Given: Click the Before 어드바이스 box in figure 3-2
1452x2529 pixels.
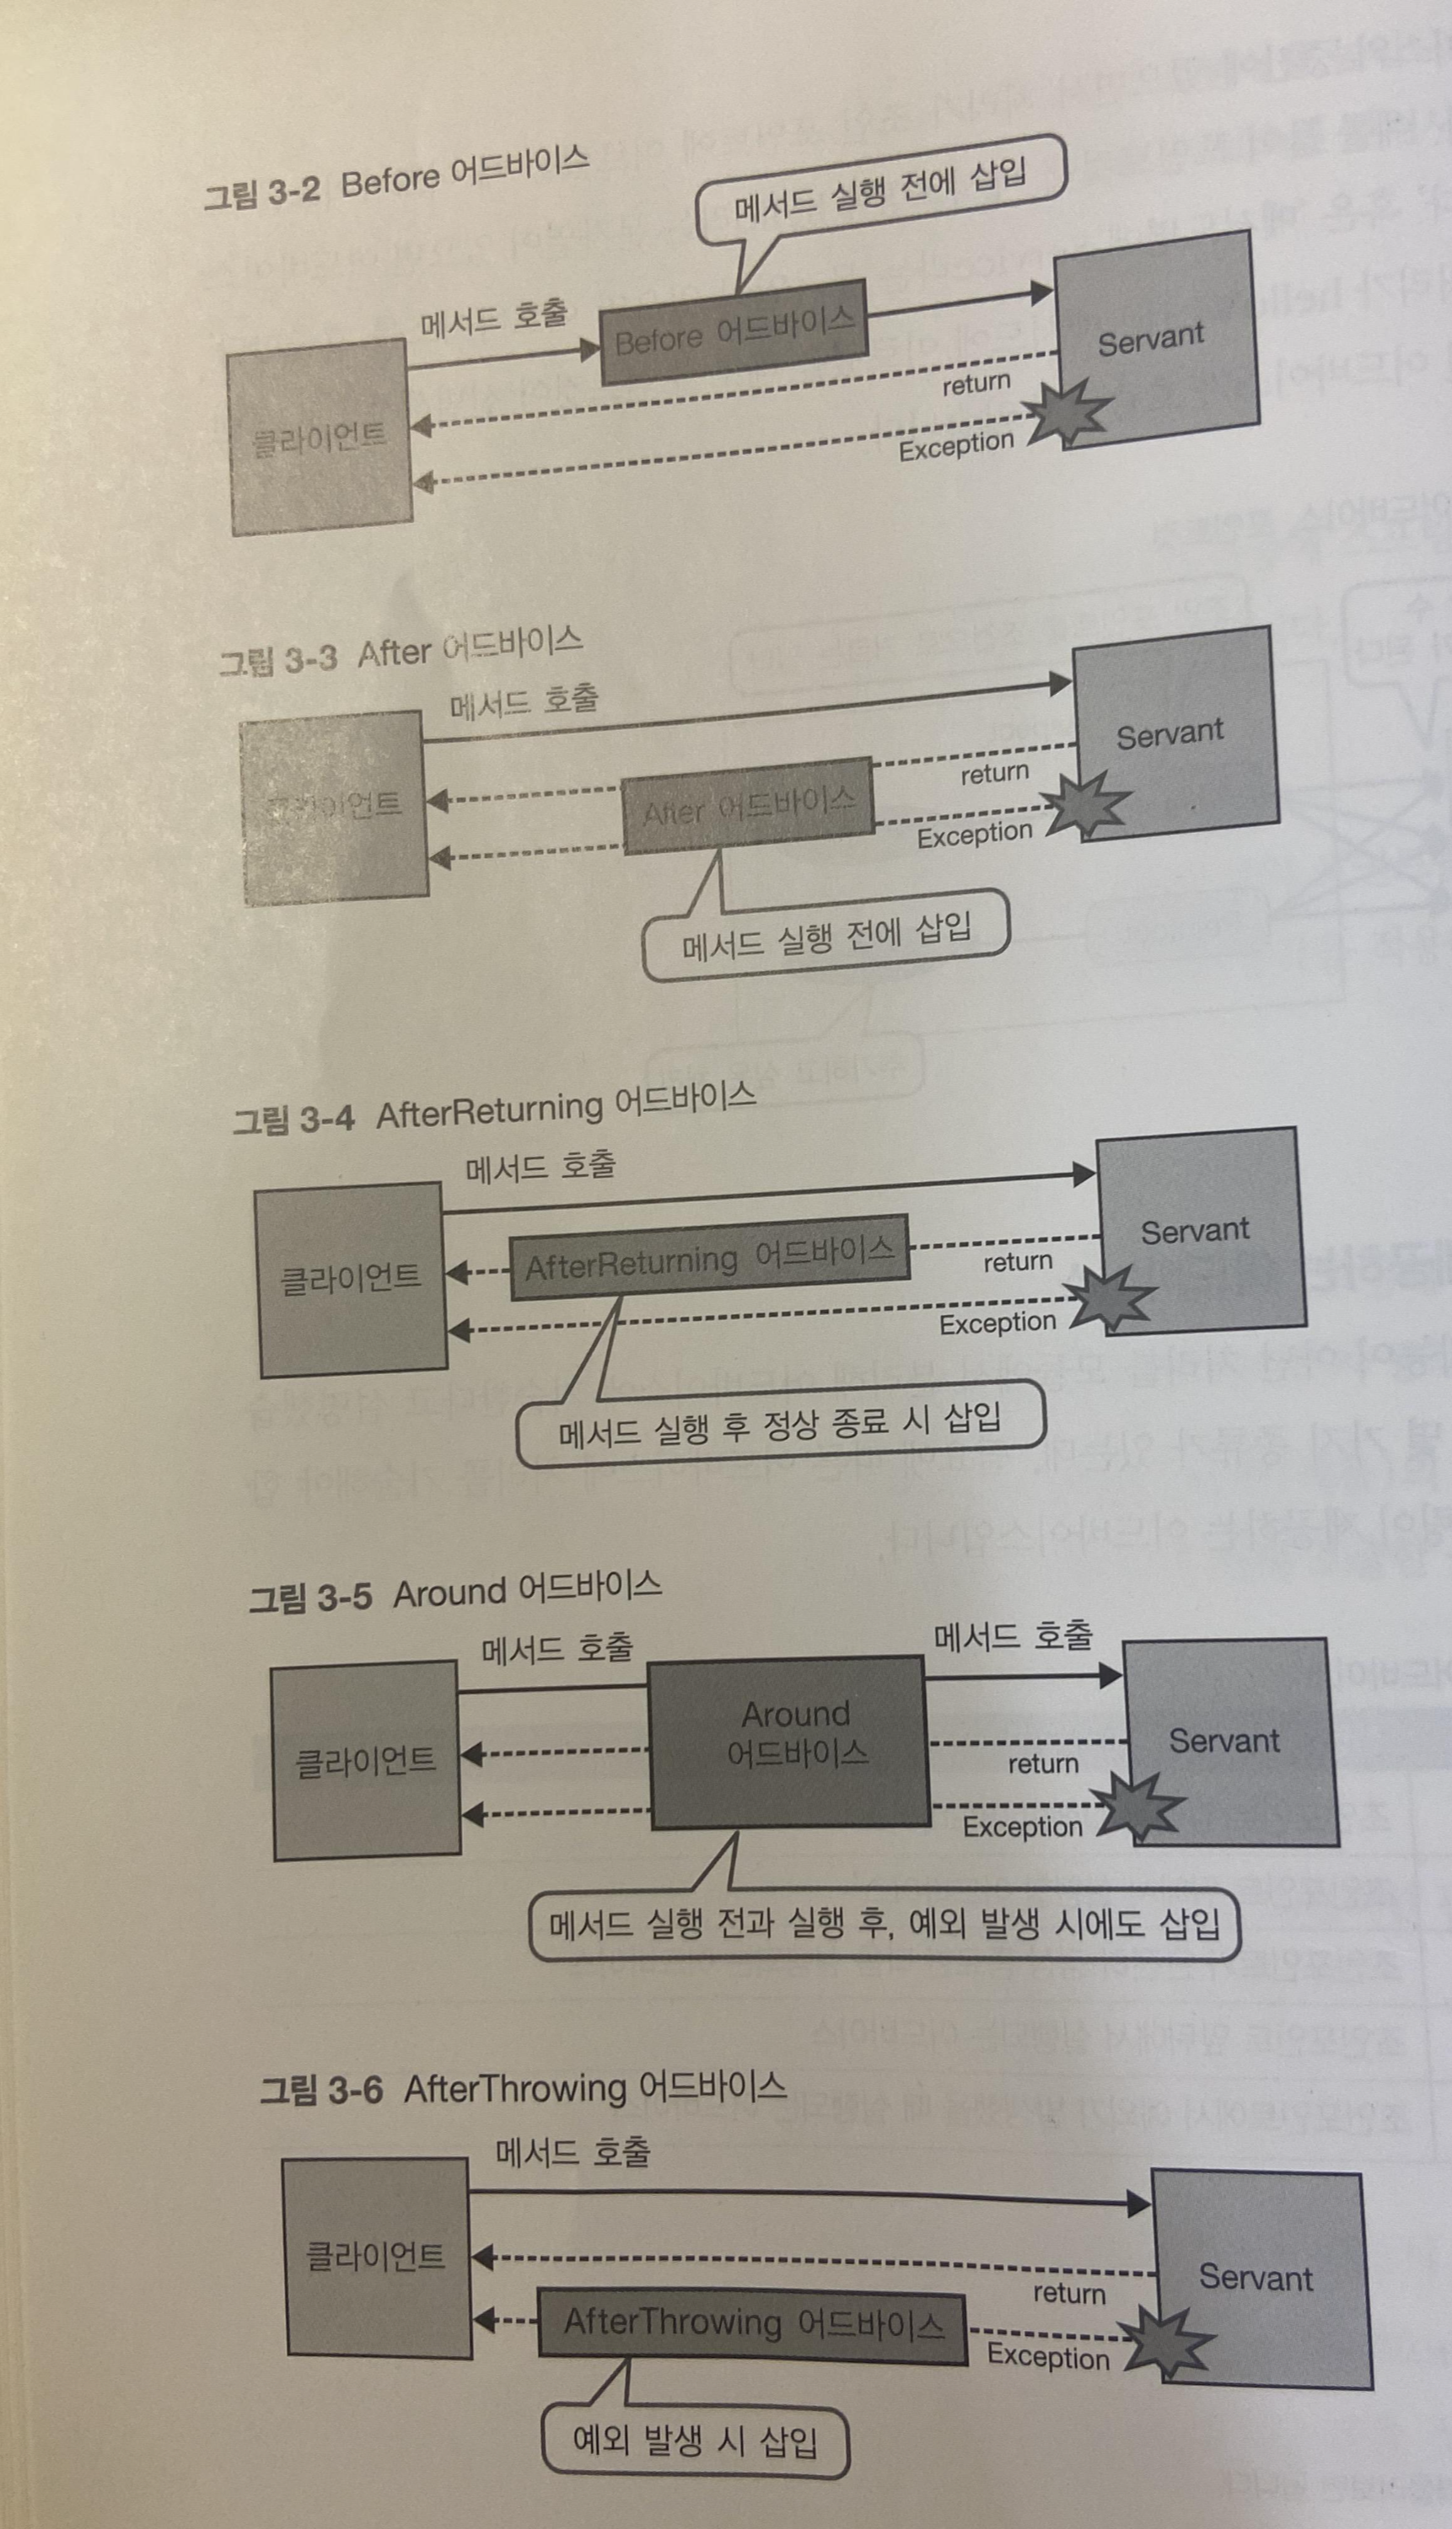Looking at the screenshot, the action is coord(733,332).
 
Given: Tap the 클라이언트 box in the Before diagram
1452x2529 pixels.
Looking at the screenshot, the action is coord(319,438).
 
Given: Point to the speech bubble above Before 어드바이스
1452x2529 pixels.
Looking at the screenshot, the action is coord(879,187).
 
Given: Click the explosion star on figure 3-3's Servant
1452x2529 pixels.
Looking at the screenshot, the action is coord(1090,803).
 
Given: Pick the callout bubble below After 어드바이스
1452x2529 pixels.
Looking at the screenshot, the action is coord(825,935).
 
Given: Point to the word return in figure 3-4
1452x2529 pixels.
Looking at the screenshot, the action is coord(1017,1262).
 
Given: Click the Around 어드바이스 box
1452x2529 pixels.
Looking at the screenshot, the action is coord(790,1741).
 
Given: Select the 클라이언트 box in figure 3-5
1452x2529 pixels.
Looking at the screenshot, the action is coord(365,1760).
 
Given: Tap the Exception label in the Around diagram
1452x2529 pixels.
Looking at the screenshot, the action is coord(1022,1828).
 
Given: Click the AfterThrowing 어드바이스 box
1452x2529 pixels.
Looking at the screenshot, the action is coord(753,2326).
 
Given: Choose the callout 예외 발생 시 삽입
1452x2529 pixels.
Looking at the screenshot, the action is coord(695,2441).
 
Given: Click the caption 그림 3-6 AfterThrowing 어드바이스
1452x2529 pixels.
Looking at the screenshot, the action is coord(523,2087).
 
